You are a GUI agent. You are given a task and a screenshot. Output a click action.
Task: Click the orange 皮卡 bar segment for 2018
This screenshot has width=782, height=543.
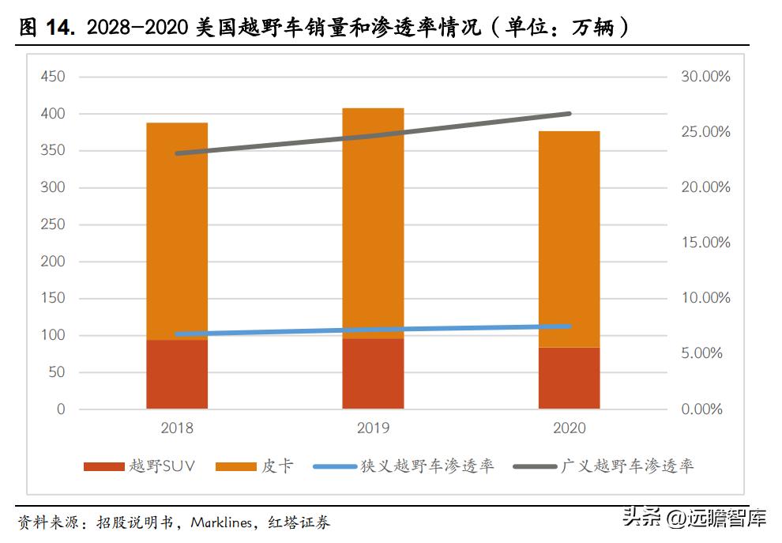tap(177, 229)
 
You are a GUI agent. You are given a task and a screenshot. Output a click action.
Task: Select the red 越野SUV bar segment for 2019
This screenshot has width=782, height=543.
tap(373, 374)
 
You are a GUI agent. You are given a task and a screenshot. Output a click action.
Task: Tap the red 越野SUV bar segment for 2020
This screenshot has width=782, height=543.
tap(569, 379)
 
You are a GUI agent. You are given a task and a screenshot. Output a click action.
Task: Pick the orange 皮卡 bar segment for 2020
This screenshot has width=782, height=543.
tap(569, 237)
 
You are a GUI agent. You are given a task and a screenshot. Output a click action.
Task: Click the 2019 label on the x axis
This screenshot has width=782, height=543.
tap(373, 428)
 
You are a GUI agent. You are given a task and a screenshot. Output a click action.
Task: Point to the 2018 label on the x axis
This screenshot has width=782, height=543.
tap(177, 428)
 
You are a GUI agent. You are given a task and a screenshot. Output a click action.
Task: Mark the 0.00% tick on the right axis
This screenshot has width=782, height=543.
tap(701, 409)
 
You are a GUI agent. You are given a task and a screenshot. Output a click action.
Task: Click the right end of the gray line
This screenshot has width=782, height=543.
tap(570, 114)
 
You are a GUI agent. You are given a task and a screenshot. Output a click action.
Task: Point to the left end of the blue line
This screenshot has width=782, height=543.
tap(177, 334)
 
